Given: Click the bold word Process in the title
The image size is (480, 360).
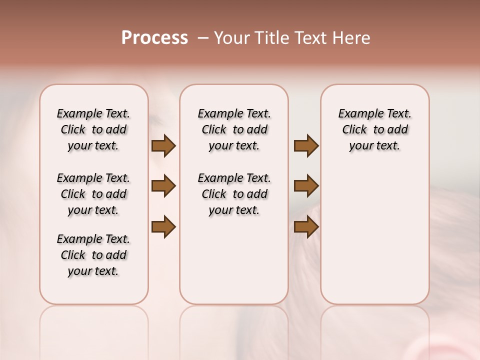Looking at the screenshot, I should [x=154, y=38].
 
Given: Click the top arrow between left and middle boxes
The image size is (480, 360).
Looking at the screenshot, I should [x=163, y=146].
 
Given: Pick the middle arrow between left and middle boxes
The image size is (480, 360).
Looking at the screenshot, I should [x=163, y=186].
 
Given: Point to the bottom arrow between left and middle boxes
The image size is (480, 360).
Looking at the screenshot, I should [x=163, y=226].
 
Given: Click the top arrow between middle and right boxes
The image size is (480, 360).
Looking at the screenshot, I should [x=306, y=146].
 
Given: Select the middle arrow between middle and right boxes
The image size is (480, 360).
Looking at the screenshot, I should [x=306, y=186].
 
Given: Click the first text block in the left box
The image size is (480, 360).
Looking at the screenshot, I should [x=93, y=129].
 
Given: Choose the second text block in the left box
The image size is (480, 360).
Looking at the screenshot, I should [x=93, y=194].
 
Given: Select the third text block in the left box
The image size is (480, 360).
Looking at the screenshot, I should [x=93, y=255].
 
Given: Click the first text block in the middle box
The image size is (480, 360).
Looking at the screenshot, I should [x=234, y=129].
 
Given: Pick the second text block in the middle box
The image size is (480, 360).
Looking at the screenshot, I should [x=234, y=194].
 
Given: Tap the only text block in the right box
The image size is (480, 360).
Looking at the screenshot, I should [x=375, y=129].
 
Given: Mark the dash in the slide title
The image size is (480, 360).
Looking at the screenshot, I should [x=202, y=38].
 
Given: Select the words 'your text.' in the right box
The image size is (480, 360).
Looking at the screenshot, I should [x=375, y=146].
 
